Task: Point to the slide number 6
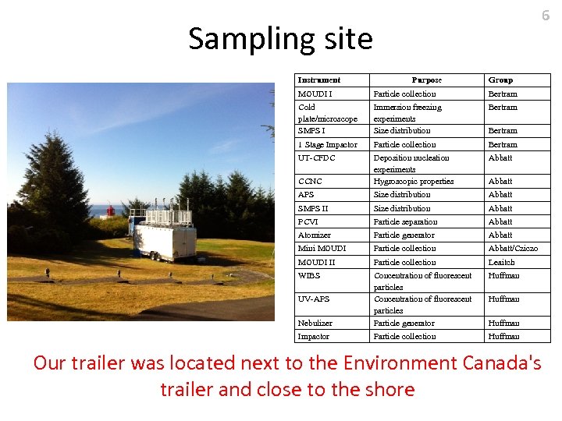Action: pyautogui.click(x=546, y=15)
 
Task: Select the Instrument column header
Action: pyautogui.click(x=319, y=80)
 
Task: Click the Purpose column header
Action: pyautogui.click(x=426, y=80)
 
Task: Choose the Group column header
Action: pyautogui.click(x=500, y=80)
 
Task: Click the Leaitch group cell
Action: pyautogui.click(x=502, y=262)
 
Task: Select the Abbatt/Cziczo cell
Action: pyautogui.click(x=513, y=248)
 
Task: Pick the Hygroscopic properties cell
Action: pyautogui.click(x=413, y=181)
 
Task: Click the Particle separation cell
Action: pyautogui.click(x=404, y=221)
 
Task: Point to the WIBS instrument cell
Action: pyautogui.click(x=309, y=275)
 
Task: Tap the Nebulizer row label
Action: pyautogui.click(x=315, y=323)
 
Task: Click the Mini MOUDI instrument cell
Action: pyautogui.click(x=322, y=248)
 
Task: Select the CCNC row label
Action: pyautogui.click(x=310, y=181)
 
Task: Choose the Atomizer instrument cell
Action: pyautogui.click(x=315, y=235)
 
